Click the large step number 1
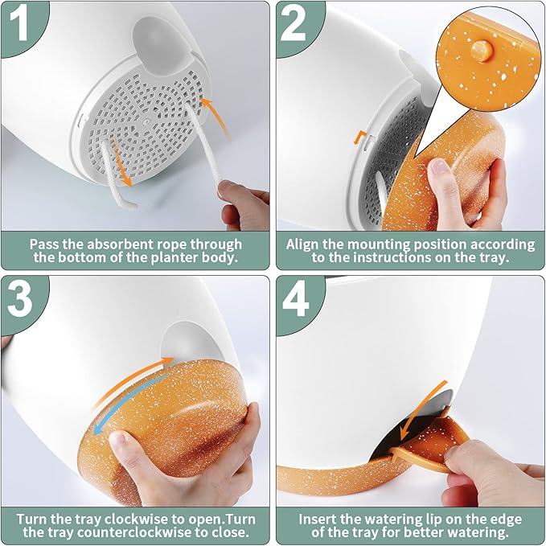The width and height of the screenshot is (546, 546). point(18,25)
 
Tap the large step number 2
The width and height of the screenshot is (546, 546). point(293,24)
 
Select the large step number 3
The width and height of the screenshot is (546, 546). point(19,299)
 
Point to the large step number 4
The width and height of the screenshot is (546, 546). point(295,299)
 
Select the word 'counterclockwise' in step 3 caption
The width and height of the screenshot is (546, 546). point(134,532)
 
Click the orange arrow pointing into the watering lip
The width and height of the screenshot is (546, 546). point(423,410)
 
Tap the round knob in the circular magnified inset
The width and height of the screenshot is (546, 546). point(481,51)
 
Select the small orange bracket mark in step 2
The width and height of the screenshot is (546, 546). point(360,137)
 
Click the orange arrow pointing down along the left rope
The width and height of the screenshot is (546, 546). point(121,162)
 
